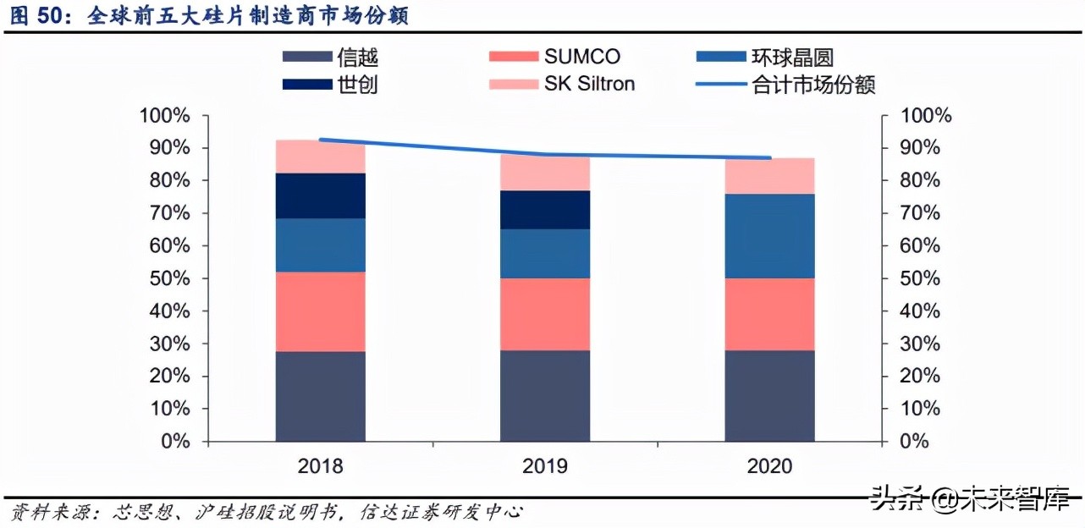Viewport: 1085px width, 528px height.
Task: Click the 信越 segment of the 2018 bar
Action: (x=320, y=396)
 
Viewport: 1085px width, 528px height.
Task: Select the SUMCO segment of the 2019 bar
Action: (x=545, y=314)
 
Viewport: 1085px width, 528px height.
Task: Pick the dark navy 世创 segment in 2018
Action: (x=320, y=195)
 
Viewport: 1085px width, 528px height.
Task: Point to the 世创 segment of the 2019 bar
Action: (x=545, y=210)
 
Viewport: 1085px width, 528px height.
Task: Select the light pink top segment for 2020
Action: (x=769, y=176)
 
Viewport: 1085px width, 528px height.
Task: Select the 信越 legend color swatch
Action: (x=306, y=57)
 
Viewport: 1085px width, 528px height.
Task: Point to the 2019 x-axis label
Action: (x=545, y=466)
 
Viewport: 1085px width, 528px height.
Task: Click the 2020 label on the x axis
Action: (x=769, y=466)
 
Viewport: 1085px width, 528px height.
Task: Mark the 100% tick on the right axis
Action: (x=926, y=116)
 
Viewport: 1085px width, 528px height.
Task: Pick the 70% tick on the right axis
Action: (x=921, y=213)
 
